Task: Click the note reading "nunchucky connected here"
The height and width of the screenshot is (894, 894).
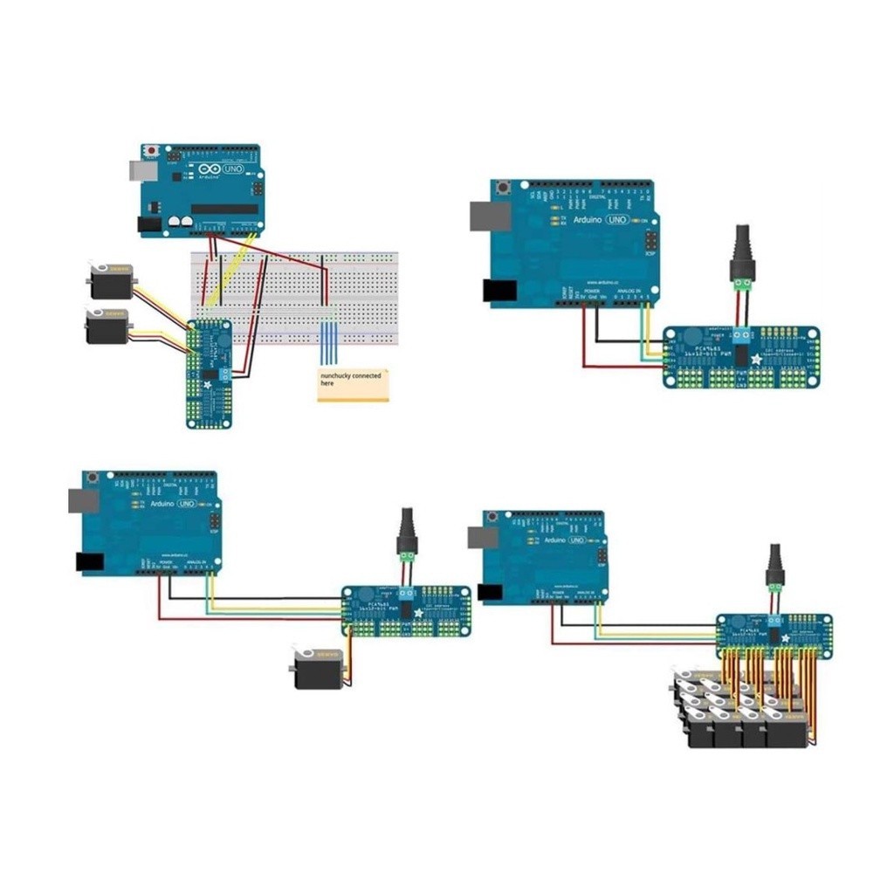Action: tap(353, 385)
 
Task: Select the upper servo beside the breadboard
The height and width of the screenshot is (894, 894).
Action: tap(110, 279)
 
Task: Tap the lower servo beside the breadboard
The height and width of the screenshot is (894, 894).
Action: tap(107, 327)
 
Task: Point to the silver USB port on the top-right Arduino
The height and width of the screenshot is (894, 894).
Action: tap(490, 216)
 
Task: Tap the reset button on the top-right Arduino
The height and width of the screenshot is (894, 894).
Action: tap(505, 188)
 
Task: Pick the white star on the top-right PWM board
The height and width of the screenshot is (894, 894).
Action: tap(756, 359)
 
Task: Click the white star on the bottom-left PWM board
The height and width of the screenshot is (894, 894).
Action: tap(418, 614)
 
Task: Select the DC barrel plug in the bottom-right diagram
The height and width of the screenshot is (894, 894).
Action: tap(774, 567)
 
